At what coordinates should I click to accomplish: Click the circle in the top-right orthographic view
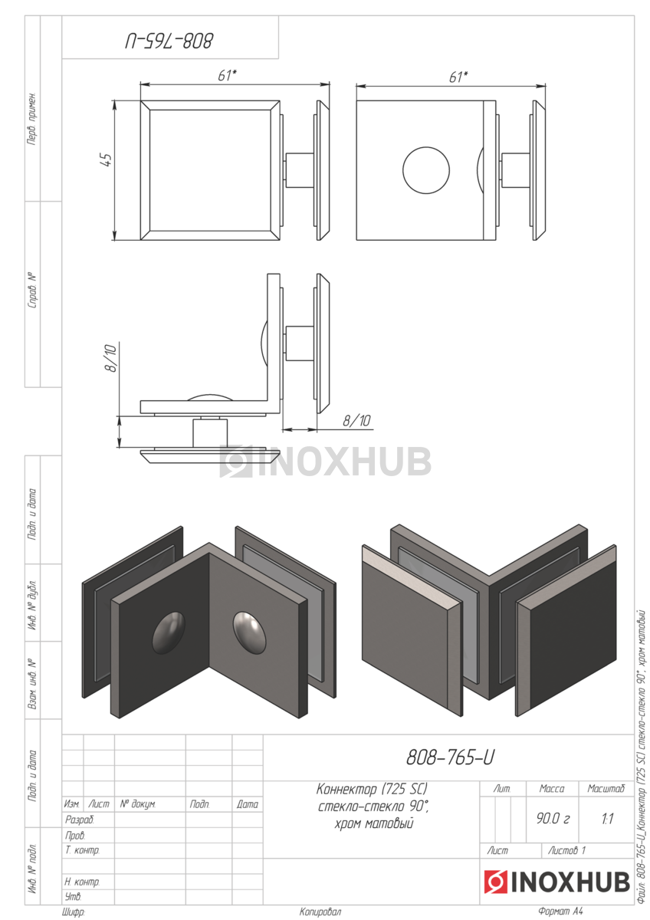[426, 170]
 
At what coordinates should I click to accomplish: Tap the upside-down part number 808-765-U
[169, 41]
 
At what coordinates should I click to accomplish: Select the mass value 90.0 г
[553, 819]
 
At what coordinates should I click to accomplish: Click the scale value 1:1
[607, 819]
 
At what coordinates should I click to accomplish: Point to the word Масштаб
[606, 789]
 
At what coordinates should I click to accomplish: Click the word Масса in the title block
[551, 789]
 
